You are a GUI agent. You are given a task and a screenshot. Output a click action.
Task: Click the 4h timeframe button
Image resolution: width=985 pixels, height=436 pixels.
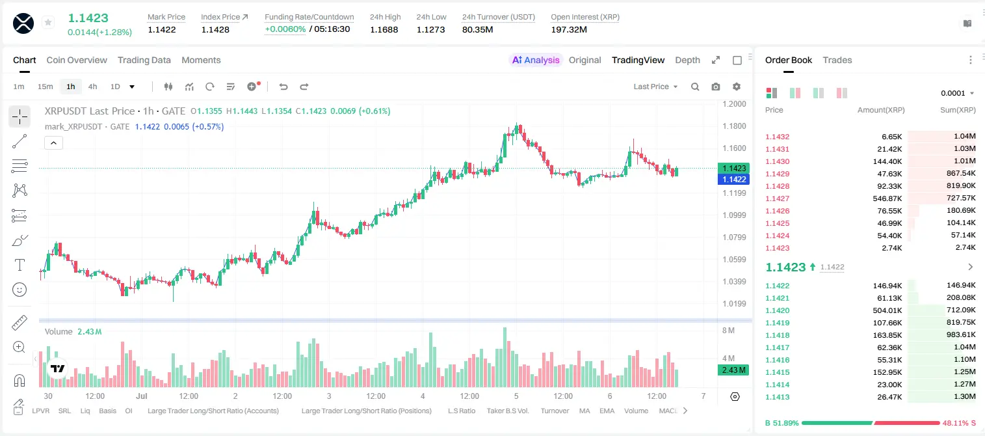point(92,87)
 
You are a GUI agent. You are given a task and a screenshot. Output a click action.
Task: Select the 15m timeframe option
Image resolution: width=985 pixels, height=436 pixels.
point(46,87)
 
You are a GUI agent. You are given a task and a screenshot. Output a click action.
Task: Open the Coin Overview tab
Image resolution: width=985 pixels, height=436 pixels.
point(77,60)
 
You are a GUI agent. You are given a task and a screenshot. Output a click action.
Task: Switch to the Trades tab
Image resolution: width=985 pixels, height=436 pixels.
point(837,60)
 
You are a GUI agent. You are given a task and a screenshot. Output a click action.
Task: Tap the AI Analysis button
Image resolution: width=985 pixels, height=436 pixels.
point(536,60)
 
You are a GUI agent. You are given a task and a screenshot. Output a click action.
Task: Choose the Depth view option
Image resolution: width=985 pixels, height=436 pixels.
point(687,60)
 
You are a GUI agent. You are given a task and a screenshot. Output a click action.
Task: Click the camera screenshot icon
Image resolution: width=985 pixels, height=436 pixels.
point(716,87)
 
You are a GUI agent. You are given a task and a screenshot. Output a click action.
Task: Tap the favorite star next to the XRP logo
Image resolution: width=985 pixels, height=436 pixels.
point(48,22)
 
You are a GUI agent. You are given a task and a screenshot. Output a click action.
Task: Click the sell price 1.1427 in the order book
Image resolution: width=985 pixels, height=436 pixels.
point(777,198)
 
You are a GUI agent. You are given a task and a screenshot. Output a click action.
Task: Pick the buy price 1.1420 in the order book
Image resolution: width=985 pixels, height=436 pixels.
point(777,310)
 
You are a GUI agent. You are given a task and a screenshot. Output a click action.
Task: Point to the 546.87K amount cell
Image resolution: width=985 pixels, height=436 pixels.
point(887,198)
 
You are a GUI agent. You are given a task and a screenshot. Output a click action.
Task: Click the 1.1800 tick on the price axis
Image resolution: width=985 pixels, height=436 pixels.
point(734,126)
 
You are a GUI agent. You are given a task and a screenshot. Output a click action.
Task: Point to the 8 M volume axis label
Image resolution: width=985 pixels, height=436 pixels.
point(728,331)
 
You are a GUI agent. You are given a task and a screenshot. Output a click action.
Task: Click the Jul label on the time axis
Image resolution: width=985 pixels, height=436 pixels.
point(142,396)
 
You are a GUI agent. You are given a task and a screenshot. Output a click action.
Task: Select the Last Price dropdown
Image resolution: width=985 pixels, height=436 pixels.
point(655,87)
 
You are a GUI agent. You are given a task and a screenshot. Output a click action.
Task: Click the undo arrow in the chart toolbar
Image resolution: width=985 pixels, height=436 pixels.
point(283,87)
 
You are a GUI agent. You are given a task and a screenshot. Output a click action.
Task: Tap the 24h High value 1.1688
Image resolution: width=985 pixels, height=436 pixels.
point(384,29)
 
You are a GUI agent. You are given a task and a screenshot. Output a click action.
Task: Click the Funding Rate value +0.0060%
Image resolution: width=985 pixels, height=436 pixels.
point(285,29)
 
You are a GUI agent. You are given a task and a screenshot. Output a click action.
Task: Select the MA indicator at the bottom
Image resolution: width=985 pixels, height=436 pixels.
point(584,411)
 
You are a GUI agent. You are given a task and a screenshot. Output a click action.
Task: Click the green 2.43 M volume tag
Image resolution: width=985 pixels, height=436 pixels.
point(733,370)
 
